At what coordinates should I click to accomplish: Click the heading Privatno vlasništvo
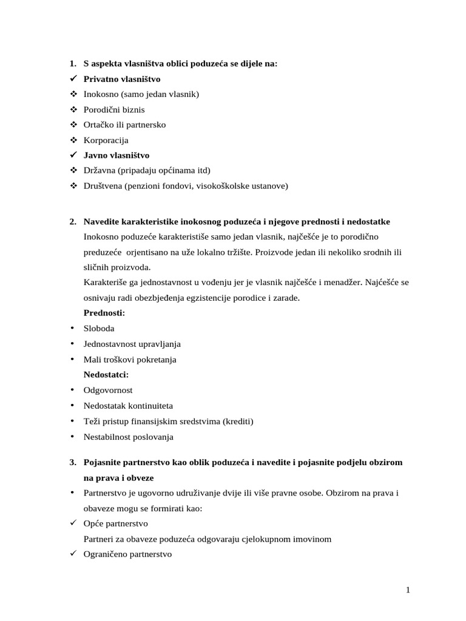122,79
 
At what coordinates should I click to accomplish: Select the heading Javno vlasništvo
116,155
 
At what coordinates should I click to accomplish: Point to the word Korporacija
106,140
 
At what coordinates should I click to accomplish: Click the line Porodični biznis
114,110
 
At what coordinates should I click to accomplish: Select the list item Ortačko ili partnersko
124,125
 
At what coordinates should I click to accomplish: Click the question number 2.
72,221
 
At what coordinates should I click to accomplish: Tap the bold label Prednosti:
104,313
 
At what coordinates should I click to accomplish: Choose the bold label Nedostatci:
106,375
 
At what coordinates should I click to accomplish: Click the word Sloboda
99,328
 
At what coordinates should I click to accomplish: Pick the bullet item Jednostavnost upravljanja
132,344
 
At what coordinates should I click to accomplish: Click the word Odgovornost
108,391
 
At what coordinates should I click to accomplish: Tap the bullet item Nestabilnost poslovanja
129,437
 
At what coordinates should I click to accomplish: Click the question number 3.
72,462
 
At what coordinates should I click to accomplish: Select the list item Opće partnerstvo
116,523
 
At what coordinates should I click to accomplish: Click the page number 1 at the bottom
408,591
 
